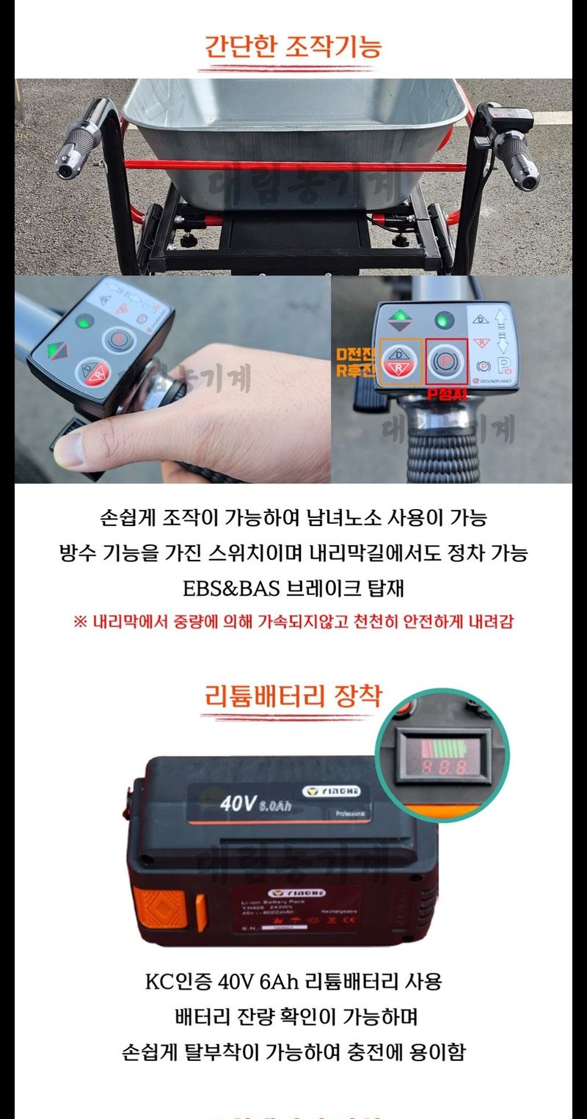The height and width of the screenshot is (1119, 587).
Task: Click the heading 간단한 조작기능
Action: tap(293, 46)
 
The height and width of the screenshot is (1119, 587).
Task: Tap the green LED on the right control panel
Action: tap(442, 321)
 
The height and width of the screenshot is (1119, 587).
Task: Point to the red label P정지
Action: tap(445, 394)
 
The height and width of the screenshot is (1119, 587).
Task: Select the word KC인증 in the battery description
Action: tap(173, 981)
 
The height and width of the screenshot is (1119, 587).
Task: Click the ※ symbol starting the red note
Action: tap(80, 622)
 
